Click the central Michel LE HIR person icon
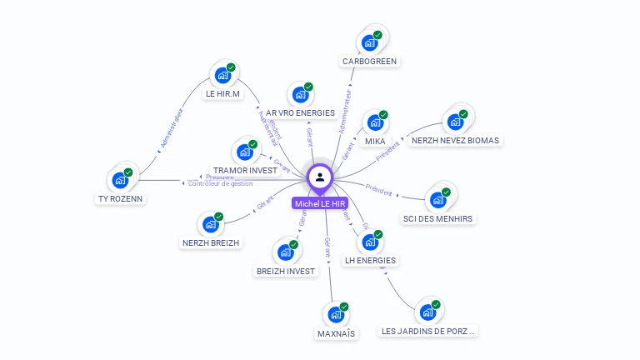click(x=320, y=177)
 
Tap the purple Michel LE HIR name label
click(x=320, y=203)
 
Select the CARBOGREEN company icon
click(x=370, y=42)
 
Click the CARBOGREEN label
click(x=370, y=61)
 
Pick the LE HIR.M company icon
click(x=222, y=75)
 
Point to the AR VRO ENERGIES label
click(x=300, y=112)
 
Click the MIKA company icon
click(x=375, y=122)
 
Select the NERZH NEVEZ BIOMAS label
click(x=455, y=140)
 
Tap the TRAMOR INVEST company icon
click(x=244, y=152)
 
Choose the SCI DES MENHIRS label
click(x=437, y=218)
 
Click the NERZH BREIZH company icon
click(x=210, y=224)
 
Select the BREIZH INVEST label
click(x=286, y=271)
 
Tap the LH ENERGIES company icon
click(x=370, y=242)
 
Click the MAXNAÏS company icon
click(x=336, y=315)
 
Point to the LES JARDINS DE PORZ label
click(x=428, y=331)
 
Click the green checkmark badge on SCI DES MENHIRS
click(x=446, y=192)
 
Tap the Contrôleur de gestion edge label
click(x=221, y=183)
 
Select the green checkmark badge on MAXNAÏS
click(x=344, y=307)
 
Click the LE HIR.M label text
click(x=222, y=93)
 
